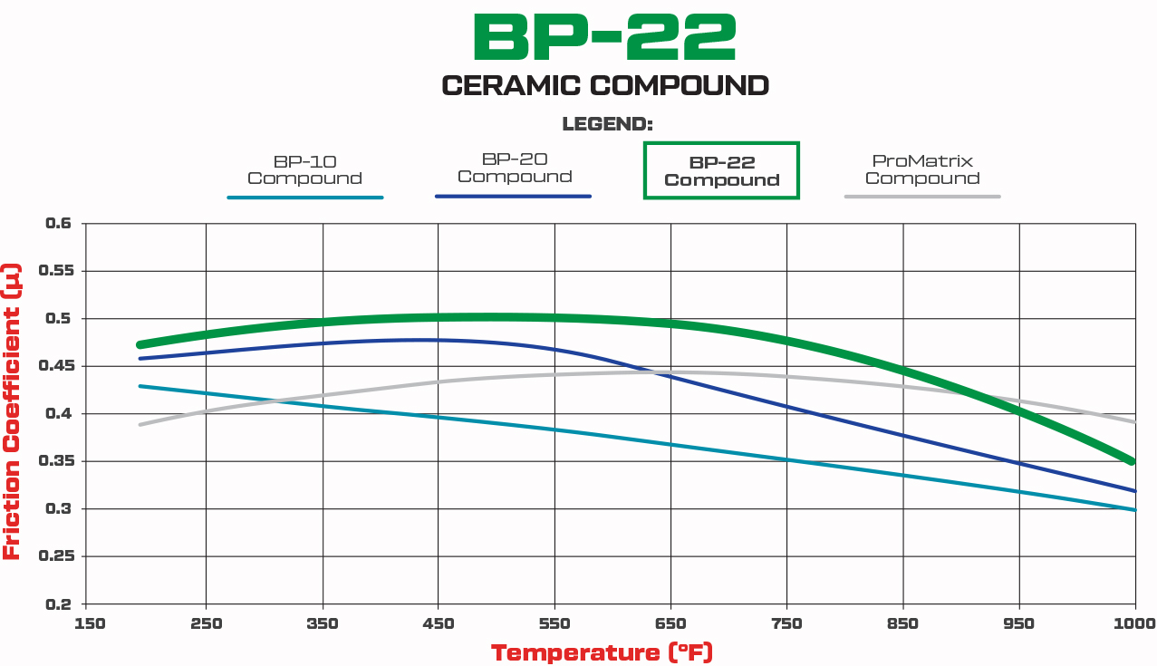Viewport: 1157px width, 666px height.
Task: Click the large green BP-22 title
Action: [604, 37]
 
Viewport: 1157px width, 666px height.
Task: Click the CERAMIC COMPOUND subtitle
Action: [604, 86]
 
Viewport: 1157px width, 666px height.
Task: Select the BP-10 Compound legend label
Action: [304, 169]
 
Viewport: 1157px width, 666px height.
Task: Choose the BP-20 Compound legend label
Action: [514, 168]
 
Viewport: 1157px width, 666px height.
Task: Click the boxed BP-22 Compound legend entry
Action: [721, 170]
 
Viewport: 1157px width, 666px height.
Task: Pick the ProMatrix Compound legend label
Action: [921, 169]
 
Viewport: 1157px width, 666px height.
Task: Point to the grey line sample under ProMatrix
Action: [921, 197]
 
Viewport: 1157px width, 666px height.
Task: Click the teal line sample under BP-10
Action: [304, 197]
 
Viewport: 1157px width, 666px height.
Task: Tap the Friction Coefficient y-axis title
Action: [12, 410]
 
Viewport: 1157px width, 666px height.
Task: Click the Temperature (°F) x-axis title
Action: [602, 652]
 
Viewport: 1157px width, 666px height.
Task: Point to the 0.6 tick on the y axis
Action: [58, 223]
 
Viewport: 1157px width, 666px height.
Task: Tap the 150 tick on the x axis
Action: [90, 623]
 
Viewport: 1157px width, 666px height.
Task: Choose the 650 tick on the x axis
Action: [670, 623]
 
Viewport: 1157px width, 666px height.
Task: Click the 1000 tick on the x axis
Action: [1134, 623]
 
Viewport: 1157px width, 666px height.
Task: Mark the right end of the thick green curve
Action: [1132, 461]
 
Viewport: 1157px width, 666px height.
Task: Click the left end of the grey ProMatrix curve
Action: [140, 424]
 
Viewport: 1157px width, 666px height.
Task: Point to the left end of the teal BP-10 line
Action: [140, 386]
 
